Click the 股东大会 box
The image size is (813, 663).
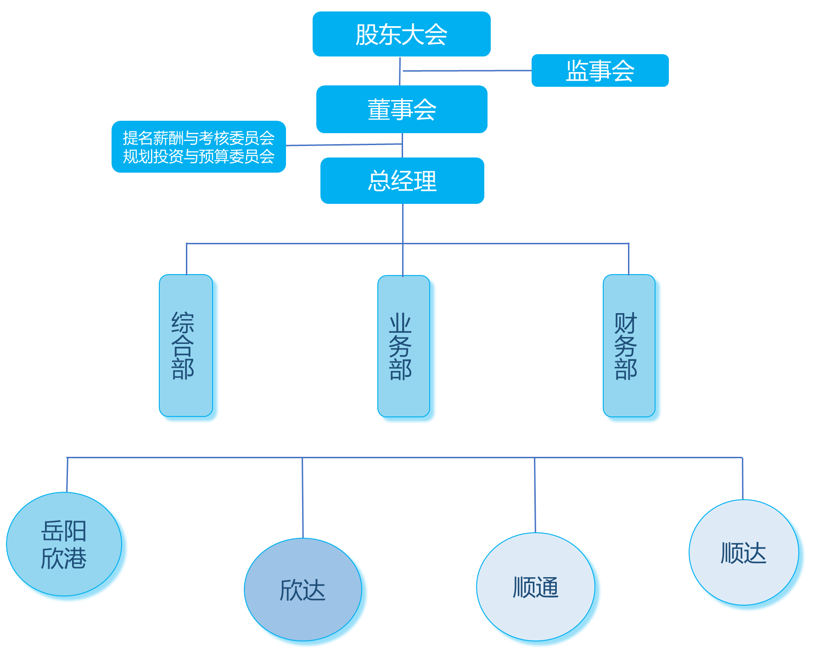click(401, 34)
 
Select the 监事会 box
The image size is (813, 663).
click(600, 71)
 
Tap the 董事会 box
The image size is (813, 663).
click(401, 109)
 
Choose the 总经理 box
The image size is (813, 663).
click(402, 180)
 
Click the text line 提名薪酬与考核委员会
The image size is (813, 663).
click(198, 138)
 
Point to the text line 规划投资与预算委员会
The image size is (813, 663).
click(198, 157)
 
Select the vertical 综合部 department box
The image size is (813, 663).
click(185, 345)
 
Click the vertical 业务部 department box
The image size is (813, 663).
click(403, 346)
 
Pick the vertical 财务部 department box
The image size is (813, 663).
click(628, 345)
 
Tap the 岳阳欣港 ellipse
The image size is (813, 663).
click(64, 544)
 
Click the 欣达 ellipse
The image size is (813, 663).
click(303, 589)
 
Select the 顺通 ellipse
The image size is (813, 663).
click(535, 587)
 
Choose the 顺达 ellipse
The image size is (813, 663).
click(743, 552)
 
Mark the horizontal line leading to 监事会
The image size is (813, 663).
click(466, 71)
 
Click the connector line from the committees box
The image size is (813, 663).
click(344, 145)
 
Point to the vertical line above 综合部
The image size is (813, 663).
click(186, 258)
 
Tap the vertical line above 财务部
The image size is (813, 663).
click(628, 258)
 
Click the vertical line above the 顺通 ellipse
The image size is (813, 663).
click(535, 495)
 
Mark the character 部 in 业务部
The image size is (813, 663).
click(400, 370)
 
